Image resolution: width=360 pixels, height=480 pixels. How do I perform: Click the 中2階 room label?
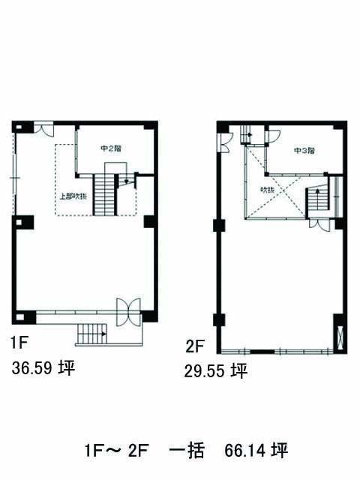[111, 148]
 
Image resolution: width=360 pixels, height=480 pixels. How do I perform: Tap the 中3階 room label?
[304, 151]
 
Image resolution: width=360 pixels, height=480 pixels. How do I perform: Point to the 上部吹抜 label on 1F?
[73, 196]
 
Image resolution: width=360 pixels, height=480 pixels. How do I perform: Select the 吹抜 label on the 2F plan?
[267, 190]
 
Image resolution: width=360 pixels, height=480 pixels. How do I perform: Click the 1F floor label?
[19, 343]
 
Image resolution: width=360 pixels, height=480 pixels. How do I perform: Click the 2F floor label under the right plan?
[195, 346]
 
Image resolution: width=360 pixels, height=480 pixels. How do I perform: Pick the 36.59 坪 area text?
[43, 368]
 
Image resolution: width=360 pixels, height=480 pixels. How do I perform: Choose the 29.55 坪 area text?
[216, 371]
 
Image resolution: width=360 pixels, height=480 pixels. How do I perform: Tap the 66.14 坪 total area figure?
[256, 450]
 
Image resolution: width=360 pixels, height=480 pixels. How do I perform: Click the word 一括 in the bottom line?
[187, 450]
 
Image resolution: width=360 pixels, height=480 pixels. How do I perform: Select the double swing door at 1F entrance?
[128, 312]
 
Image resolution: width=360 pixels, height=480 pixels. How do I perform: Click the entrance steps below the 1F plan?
[91, 334]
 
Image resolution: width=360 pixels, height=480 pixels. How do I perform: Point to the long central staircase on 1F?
[104, 195]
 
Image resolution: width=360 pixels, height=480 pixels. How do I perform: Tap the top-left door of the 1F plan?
[43, 129]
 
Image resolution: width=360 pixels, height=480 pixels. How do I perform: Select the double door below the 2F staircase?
[320, 224]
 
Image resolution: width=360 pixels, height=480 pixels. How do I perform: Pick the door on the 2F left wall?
[226, 142]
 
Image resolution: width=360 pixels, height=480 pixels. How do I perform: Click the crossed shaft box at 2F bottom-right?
[340, 337]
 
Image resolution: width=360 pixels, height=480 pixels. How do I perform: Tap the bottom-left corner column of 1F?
[23, 317]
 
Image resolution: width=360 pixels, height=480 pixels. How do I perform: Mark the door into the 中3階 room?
[273, 136]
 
